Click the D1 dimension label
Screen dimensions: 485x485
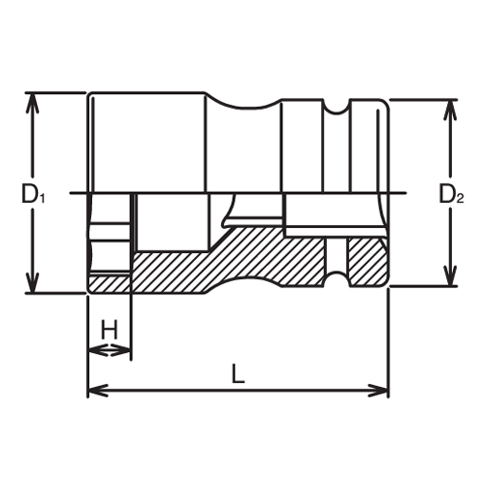[33, 194]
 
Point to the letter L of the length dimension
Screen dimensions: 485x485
[239, 372]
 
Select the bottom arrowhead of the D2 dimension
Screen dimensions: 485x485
[450, 280]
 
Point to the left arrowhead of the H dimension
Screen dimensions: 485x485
[94, 349]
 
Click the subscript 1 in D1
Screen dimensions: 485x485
[42, 199]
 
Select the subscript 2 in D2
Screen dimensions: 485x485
[461, 199]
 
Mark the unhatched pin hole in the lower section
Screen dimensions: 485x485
[337, 260]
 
